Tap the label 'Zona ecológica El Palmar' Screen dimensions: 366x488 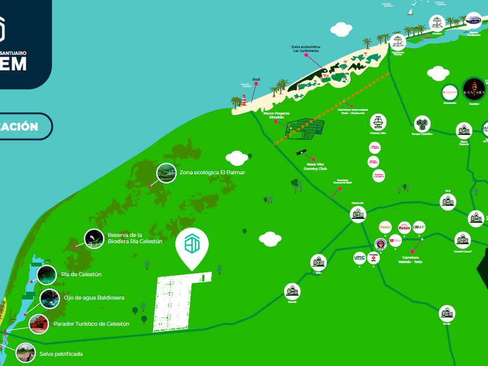[x=212, y=173]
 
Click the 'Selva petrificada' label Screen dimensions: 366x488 [x=61, y=354]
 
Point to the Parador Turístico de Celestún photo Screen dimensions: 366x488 [x=39, y=324]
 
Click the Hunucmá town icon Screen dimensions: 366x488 [x=358, y=214]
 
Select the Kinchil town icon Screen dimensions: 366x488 [x=292, y=291]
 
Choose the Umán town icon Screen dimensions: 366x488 [x=446, y=313]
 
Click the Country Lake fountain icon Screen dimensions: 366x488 [x=378, y=122]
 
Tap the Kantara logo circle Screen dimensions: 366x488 [x=473, y=89]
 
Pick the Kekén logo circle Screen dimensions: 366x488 [x=404, y=227]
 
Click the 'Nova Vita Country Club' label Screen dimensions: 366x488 [x=315, y=167]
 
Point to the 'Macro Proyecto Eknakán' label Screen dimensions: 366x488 [x=277, y=115]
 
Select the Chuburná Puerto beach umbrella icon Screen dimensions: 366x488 [x=397, y=41]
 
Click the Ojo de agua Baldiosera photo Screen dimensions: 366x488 [x=50, y=299]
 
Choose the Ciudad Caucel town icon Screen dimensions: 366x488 [x=462, y=241]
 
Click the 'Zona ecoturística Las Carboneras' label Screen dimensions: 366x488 [x=306, y=48]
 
